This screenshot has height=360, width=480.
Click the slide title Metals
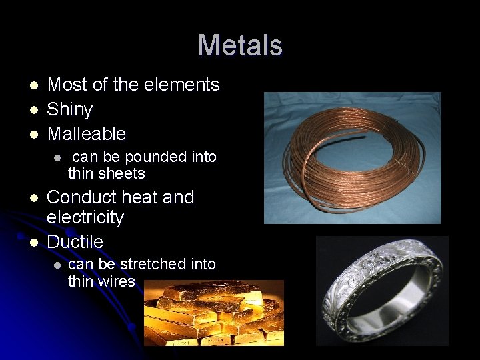click(240, 46)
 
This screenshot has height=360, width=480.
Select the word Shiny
click(69, 109)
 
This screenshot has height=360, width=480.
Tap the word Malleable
click(86, 134)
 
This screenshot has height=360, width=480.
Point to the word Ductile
click(75, 241)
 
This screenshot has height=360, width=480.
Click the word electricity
click(85, 217)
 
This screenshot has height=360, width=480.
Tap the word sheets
click(124, 174)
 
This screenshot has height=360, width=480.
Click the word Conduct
click(80, 197)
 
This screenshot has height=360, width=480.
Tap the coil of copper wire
click(352, 158)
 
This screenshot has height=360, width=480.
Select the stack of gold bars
click(213, 313)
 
